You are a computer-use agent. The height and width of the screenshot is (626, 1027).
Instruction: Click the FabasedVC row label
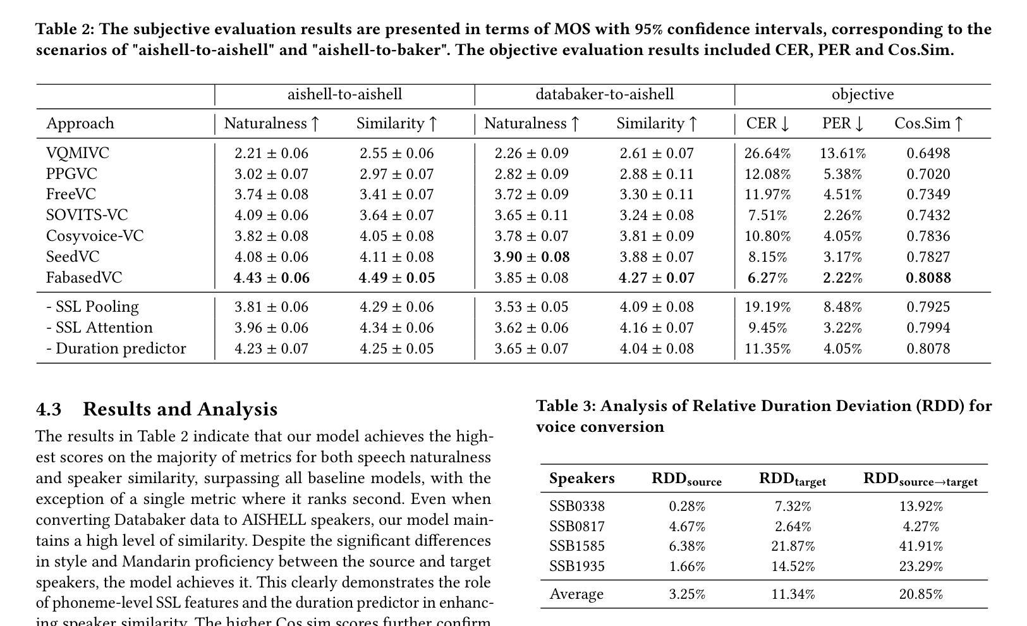[x=83, y=278]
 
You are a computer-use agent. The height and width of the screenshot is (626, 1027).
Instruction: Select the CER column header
[x=767, y=123]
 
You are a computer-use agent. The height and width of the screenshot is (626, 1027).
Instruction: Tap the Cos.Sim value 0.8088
[x=928, y=278]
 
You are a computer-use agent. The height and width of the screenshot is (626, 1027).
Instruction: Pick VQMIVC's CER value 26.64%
[x=767, y=153]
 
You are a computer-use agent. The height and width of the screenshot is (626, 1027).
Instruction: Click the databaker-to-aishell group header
[x=604, y=94]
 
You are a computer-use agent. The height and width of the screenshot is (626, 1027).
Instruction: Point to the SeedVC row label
[x=73, y=257]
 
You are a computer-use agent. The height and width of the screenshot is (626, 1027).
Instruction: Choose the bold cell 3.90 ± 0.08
[x=532, y=257]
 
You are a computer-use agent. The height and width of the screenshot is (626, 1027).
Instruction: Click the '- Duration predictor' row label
[x=116, y=348]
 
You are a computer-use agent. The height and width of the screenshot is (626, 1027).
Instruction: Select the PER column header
[x=842, y=123]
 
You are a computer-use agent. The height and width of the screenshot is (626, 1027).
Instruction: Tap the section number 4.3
[x=49, y=409]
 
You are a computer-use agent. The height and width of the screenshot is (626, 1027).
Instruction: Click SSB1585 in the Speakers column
[x=576, y=546]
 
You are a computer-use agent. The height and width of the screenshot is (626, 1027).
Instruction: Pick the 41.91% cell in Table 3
[x=920, y=546]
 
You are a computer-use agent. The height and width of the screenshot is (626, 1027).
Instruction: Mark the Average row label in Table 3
[x=576, y=594]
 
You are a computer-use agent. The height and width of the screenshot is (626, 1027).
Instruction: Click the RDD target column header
[x=792, y=479]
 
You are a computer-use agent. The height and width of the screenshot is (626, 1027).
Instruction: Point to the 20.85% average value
[x=920, y=594]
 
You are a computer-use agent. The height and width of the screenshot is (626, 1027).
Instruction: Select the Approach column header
[x=80, y=123]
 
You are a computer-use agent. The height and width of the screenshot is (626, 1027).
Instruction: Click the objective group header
[x=862, y=94]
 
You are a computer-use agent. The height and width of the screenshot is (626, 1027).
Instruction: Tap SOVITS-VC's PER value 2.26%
[x=842, y=215]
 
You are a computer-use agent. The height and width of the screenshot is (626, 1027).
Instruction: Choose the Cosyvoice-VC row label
[x=95, y=236]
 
